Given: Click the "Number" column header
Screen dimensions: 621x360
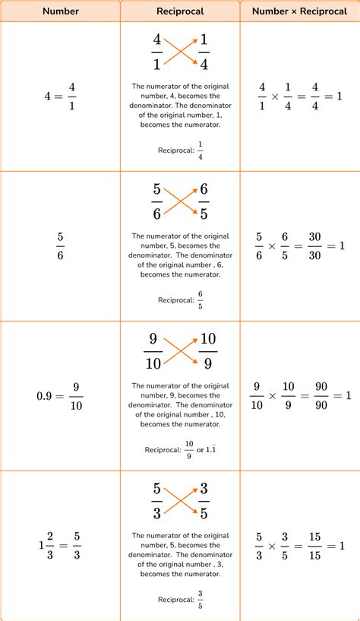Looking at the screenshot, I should [60, 11].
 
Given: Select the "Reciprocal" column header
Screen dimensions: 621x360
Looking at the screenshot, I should [180, 11].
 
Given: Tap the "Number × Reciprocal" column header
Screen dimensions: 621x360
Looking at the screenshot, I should [300, 11].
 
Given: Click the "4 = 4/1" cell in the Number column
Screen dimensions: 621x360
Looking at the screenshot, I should [60, 97].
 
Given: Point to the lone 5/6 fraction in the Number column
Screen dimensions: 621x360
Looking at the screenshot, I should [60, 246].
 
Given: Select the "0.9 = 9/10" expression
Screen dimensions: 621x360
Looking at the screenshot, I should [60, 396].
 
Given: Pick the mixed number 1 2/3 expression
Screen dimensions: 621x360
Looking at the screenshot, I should [60, 545].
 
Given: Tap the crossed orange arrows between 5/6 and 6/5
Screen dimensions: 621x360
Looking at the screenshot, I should [180, 201].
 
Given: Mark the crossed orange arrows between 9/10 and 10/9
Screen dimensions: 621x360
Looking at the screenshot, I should [180, 350].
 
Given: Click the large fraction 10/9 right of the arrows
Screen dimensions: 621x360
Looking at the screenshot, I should [208, 350].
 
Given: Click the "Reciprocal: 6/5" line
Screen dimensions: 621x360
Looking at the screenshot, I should [180, 300].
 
